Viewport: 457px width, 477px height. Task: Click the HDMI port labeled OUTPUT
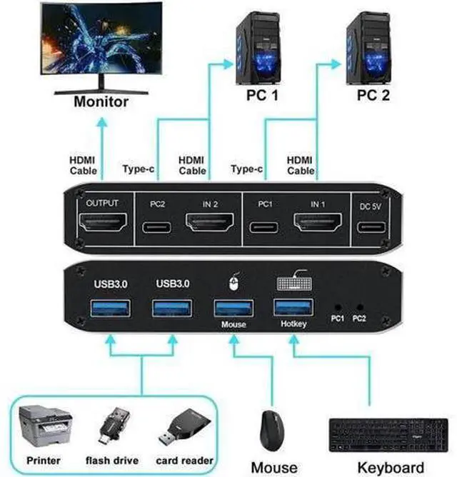coord(103,222)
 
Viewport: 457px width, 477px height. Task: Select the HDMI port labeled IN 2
coord(210,222)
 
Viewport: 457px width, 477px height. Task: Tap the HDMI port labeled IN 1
coord(317,222)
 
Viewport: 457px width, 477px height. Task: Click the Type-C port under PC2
coord(156,228)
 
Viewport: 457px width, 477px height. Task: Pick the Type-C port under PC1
coord(263,228)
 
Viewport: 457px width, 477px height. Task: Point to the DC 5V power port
coord(371,227)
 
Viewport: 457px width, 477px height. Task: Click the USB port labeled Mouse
coord(233,308)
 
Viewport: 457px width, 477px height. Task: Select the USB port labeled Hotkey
coord(293,308)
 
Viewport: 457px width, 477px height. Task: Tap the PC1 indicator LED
coord(338,307)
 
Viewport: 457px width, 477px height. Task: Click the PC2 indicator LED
coord(360,307)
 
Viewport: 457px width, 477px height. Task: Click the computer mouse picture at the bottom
coord(272,431)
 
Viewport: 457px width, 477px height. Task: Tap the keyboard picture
coord(388,435)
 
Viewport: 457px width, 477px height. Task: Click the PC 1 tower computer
coord(258,48)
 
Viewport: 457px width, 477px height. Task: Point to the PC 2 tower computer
coord(368,48)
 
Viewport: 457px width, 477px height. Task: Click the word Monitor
coord(101,101)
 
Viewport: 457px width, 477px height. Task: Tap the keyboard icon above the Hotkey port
coord(294,281)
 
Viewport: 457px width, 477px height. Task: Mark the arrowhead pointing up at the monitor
coord(102,122)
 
